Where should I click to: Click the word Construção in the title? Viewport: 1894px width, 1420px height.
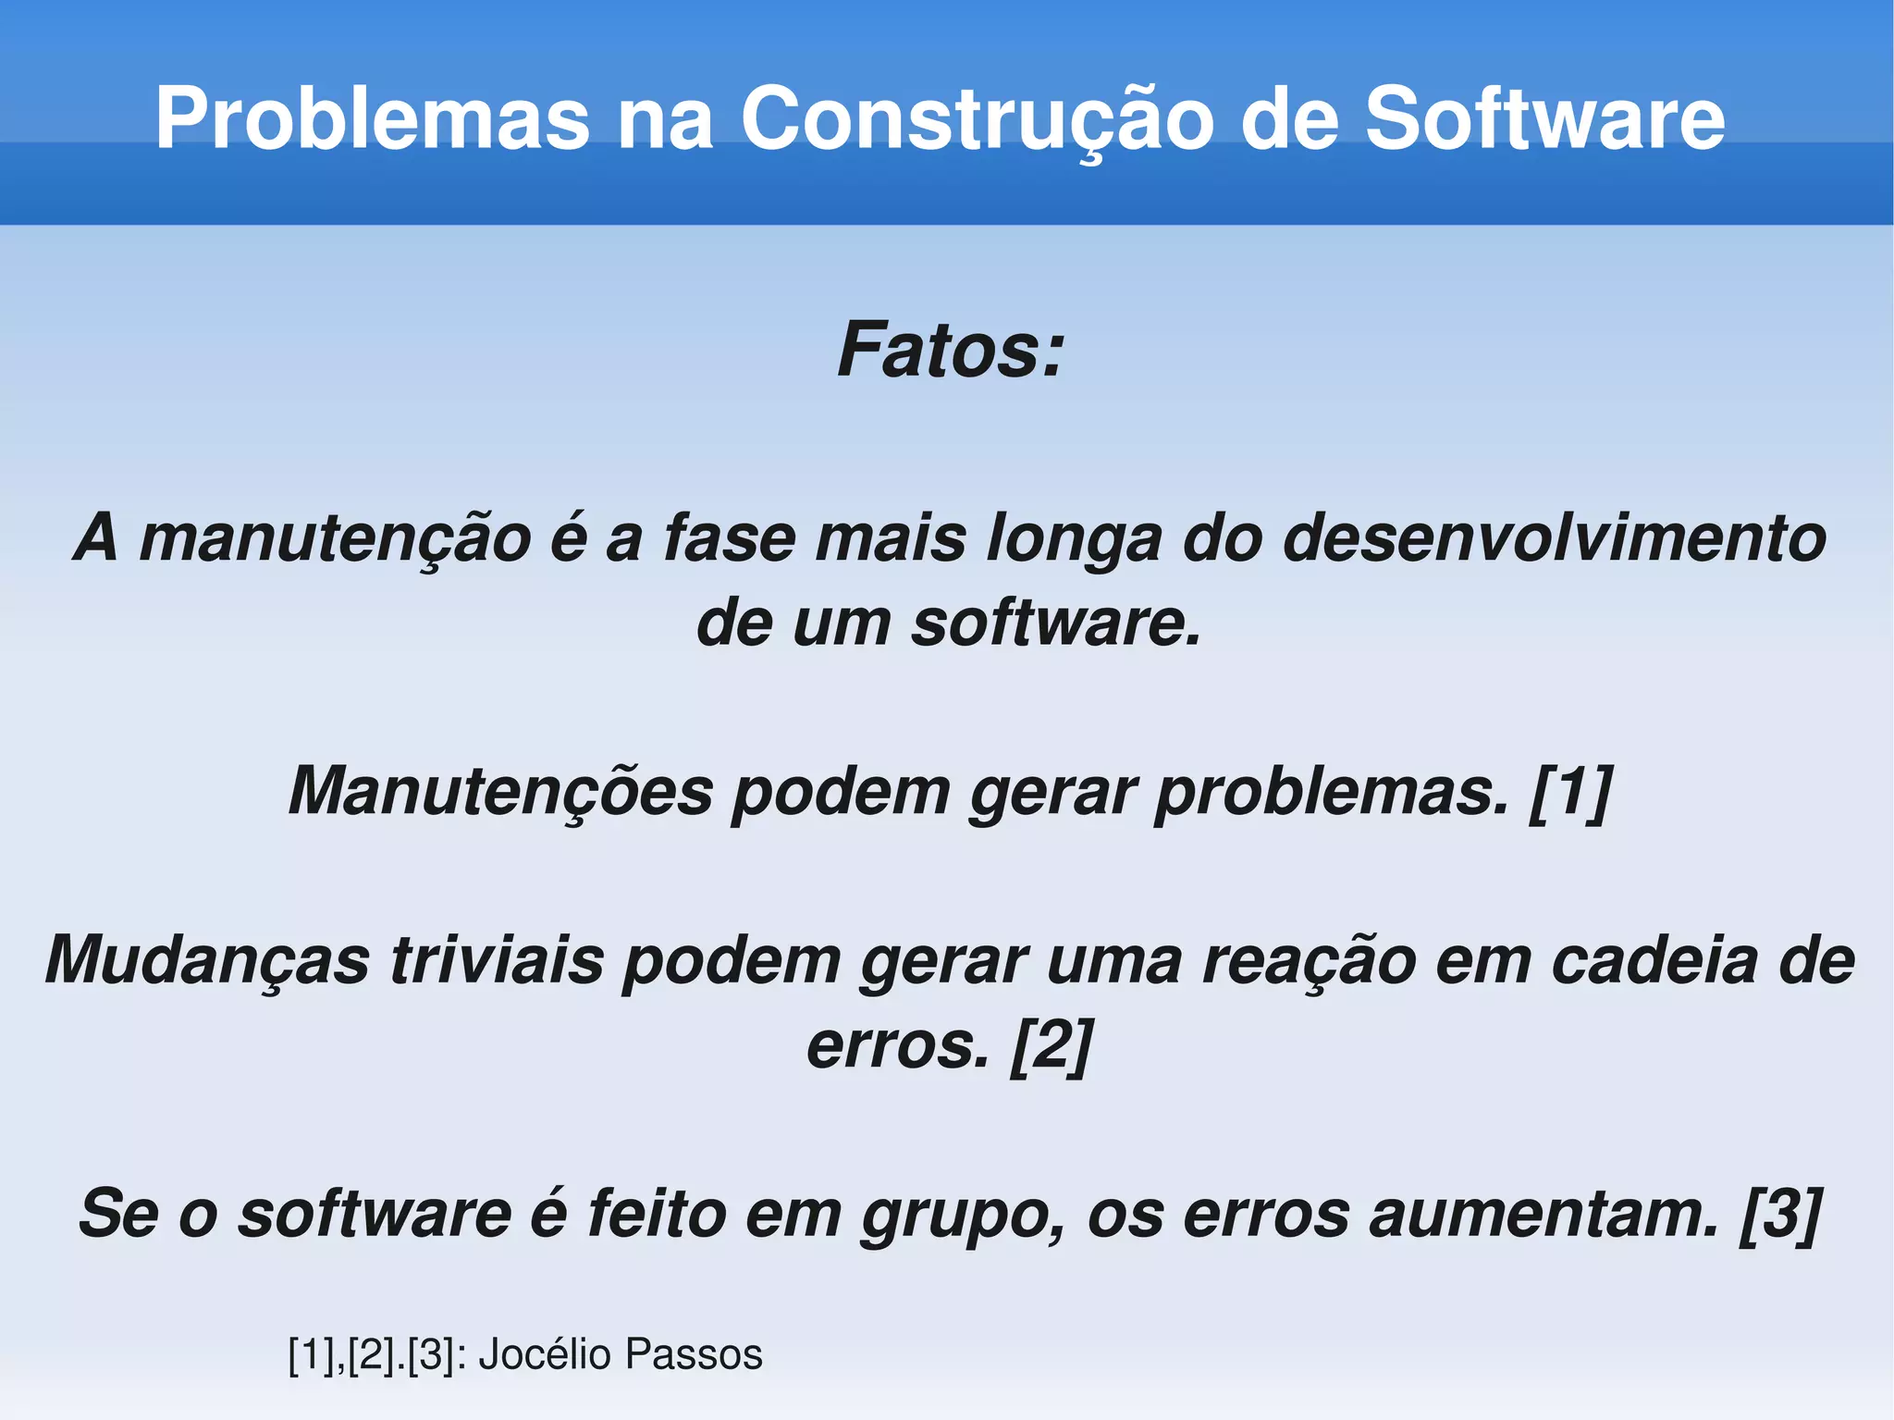coord(977,119)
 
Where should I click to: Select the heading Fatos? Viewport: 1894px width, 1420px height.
coord(951,351)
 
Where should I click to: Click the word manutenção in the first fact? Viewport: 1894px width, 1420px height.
coord(335,539)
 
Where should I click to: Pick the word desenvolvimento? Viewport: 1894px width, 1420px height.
coord(1554,537)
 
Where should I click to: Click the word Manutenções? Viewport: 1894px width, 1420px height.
coord(500,792)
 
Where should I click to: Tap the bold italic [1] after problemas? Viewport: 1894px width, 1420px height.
coord(1570,792)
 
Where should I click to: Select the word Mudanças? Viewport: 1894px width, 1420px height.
coord(207,961)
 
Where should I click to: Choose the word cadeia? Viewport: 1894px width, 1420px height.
coord(1654,959)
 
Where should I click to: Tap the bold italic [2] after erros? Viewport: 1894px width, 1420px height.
coord(1052,1045)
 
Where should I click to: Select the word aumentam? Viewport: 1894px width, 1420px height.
coord(1543,1214)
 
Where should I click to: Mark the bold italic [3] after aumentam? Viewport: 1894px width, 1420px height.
coord(1780,1214)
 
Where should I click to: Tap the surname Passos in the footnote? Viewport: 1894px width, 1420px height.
coord(694,1354)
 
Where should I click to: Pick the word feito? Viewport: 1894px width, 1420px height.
coord(658,1214)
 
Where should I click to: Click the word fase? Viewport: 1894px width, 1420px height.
coord(730,539)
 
